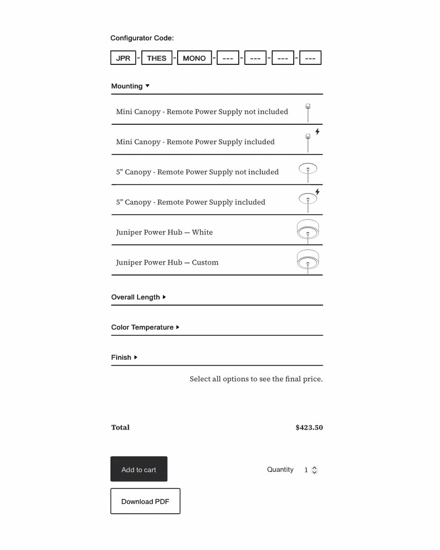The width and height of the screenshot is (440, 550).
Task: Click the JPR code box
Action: pyautogui.click(x=123, y=58)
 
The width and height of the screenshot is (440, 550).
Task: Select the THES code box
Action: pyautogui.click(x=157, y=58)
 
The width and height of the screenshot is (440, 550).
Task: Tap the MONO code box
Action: pyautogui.click(x=194, y=58)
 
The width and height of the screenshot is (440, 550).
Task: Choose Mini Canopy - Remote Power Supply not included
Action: pyautogui.click(x=202, y=112)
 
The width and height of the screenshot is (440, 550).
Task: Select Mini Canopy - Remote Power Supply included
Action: pyautogui.click(x=195, y=142)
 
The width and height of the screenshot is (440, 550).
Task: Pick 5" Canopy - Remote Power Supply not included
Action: pyautogui.click(x=197, y=172)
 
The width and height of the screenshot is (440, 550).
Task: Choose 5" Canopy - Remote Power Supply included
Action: pyautogui.click(x=190, y=202)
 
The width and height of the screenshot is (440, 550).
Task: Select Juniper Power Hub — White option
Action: pyautogui.click(x=164, y=232)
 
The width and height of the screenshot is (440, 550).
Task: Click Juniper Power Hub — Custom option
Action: pyautogui.click(x=167, y=262)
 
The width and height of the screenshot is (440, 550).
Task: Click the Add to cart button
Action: pyautogui.click(x=139, y=469)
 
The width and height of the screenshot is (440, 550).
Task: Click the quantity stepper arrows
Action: pyautogui.click(x=315, y=470)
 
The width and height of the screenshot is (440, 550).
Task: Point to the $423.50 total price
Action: pyautogui.click(x=309, y=427)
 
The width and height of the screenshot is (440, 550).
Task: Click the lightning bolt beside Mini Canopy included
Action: pyautogui.click(x=317, y=132)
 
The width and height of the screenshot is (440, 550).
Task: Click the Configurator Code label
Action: pyautogui.click(x=142, y=38)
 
